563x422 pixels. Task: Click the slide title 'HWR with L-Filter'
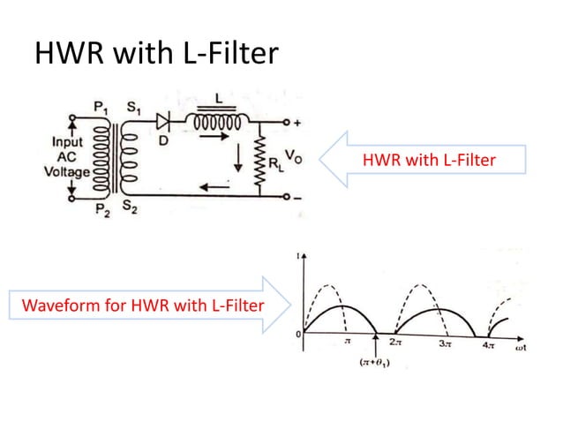155,55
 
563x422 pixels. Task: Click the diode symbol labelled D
163,122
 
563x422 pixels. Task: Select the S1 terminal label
132,108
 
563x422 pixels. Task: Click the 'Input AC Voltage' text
67,156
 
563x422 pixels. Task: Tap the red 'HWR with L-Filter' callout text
428,160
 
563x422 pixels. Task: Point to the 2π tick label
397,346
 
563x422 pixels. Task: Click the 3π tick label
447,346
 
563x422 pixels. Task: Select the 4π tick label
488,346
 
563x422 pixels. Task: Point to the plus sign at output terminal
297,122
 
